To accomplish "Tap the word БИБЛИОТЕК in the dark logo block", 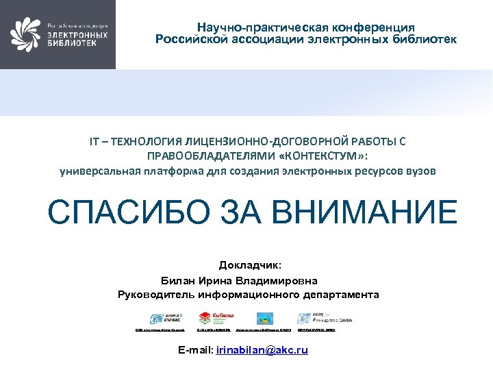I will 71,42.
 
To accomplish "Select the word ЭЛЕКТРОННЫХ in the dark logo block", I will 77,34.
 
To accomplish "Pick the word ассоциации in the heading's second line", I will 271,39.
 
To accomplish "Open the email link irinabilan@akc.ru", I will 262,350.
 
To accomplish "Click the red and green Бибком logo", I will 216,318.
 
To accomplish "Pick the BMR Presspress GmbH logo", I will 316,318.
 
